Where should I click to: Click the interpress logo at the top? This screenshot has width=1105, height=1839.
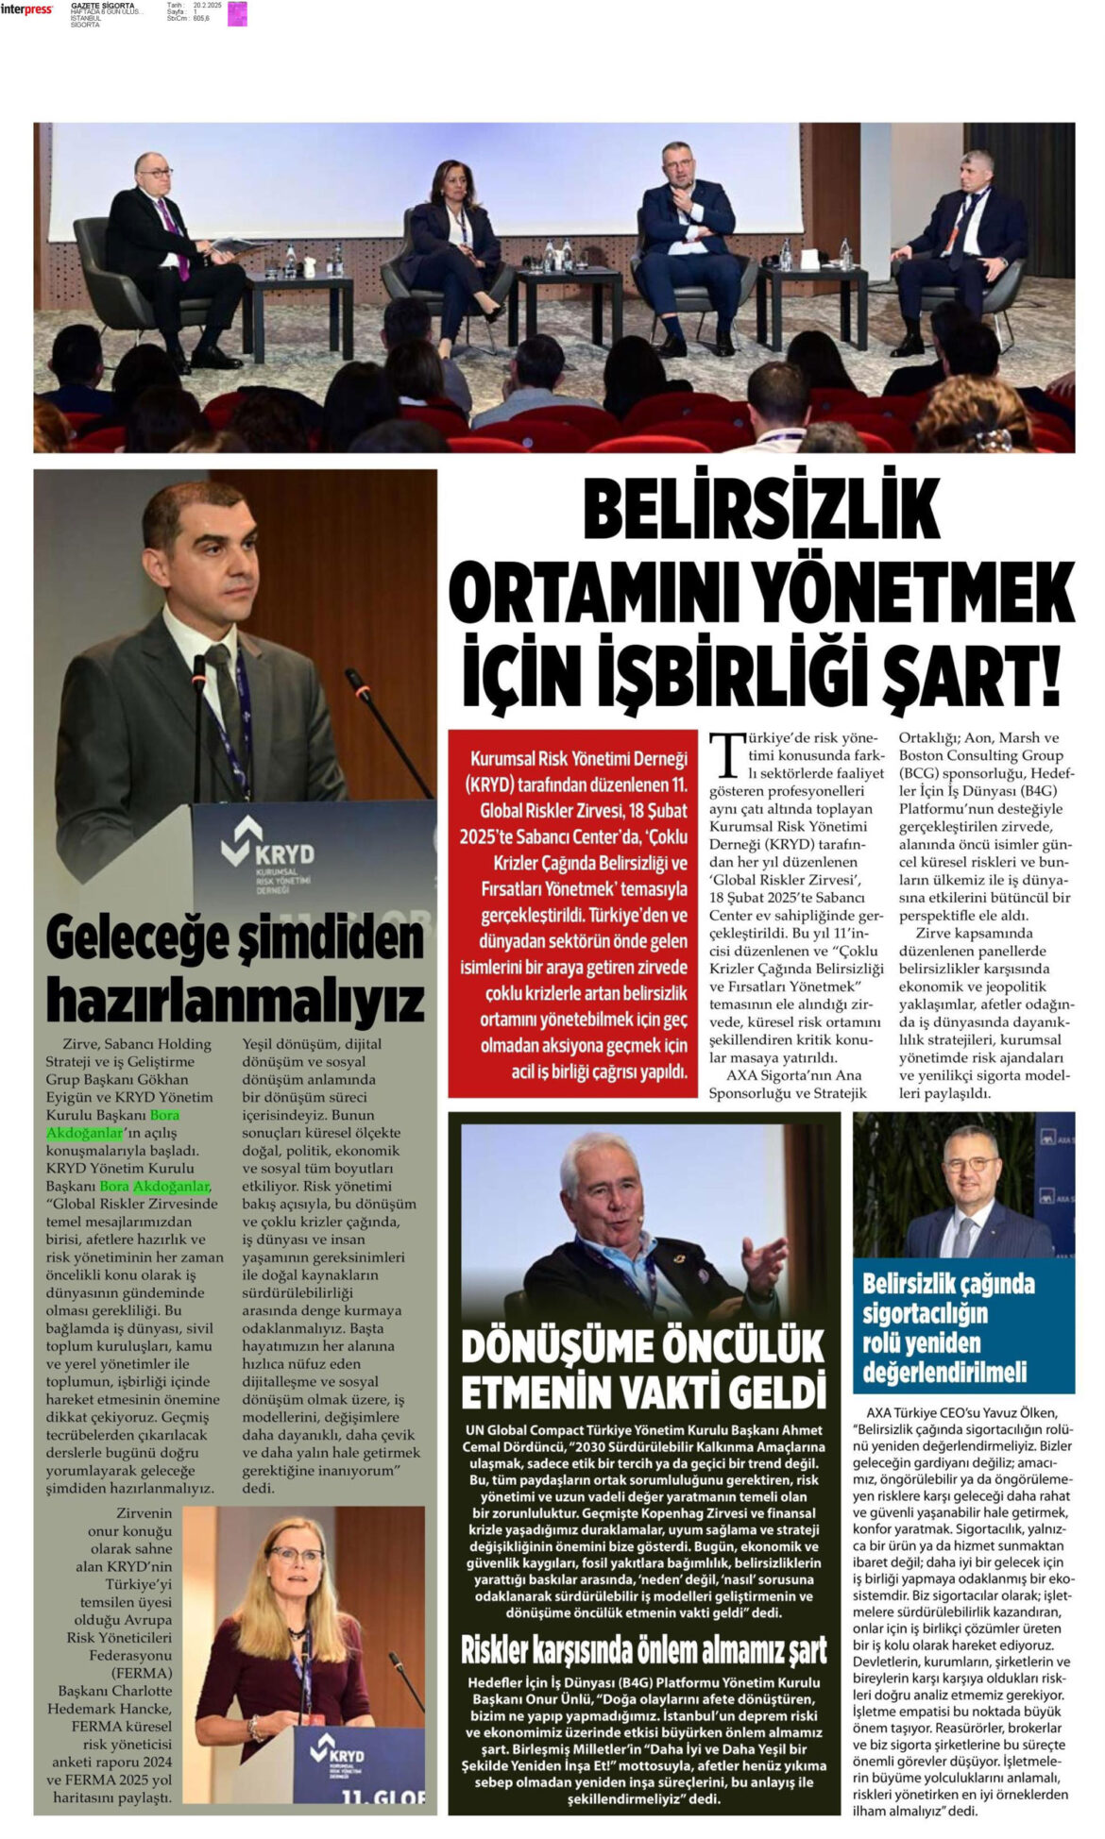pyautogui.click(x=26, y=9)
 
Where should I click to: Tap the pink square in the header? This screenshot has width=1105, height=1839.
pyautogui.click(x=237, y=13)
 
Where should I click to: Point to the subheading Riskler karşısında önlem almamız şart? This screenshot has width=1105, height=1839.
pyautogui.click(x=643, y=1649)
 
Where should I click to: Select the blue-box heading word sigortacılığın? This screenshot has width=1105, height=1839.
pyautogui.click(x=925, y=1313)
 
